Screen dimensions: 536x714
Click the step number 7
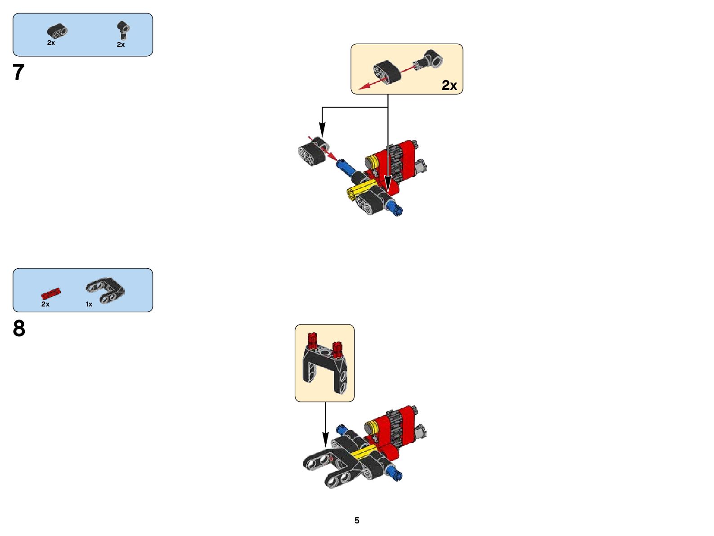pyautogui.click(x=18, y=72)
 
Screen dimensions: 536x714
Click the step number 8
pyautogui.click(x=19, y=329)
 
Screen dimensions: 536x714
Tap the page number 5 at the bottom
pyautogui.click(x=357, y=520)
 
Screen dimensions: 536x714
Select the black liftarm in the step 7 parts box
pyautogui.click(x=57, y=31)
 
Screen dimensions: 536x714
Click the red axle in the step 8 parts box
pyautogui.click(x=51, y=294)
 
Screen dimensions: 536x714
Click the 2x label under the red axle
pyautogui.click(x=45, y=304)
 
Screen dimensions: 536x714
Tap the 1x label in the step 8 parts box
pyautogui.click(x=89, y=304)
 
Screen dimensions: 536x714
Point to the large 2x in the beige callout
pyautogui.click(x=449, y=85)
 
